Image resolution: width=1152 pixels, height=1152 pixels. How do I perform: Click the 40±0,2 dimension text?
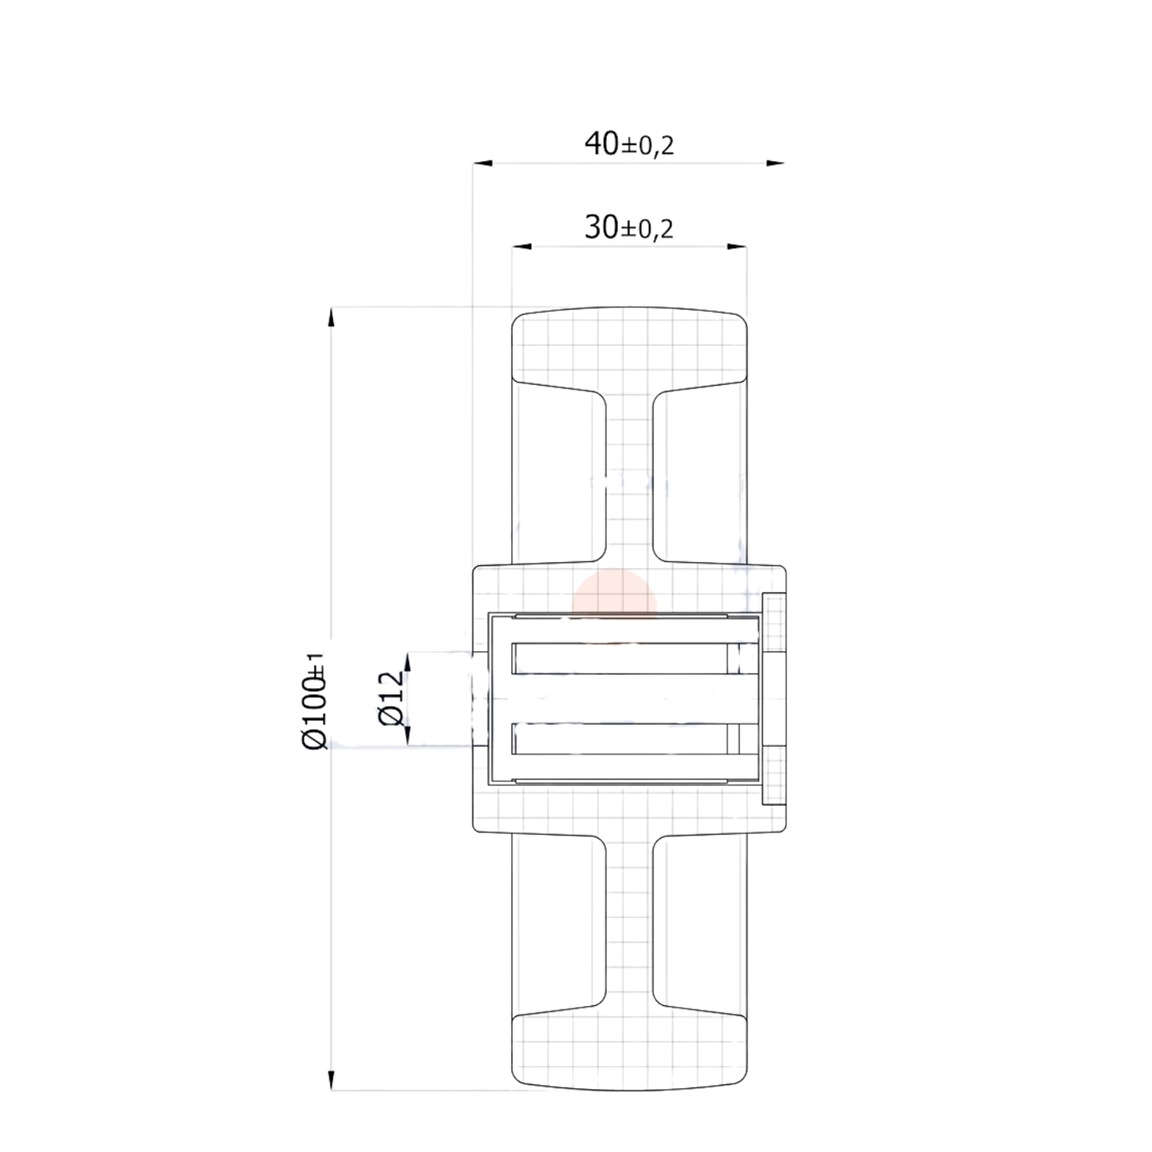pos(629,144)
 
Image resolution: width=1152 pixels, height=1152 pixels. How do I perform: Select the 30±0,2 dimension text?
pos(629,229)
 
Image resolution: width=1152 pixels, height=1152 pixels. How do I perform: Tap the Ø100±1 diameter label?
pos(315,701)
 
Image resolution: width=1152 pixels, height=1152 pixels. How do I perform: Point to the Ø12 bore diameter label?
pos(391,698)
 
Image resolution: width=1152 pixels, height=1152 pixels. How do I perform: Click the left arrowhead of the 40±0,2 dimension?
pos(483,163)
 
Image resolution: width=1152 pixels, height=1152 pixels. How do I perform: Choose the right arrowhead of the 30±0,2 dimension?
pos(737,247)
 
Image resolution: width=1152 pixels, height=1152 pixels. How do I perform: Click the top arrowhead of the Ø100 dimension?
pos(330,317)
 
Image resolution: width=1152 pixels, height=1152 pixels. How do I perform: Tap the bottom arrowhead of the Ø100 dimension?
pos(330,1079)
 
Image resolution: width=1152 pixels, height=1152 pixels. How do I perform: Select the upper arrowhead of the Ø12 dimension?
pos(407,662)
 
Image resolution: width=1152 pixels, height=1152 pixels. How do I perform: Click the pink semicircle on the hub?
pos(615,594)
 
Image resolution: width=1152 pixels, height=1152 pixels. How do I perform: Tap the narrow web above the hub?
pos(629,478)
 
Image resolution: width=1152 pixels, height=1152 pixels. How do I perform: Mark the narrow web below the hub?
pos(629,917)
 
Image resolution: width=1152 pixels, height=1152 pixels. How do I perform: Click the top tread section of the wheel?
pos(629,347)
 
